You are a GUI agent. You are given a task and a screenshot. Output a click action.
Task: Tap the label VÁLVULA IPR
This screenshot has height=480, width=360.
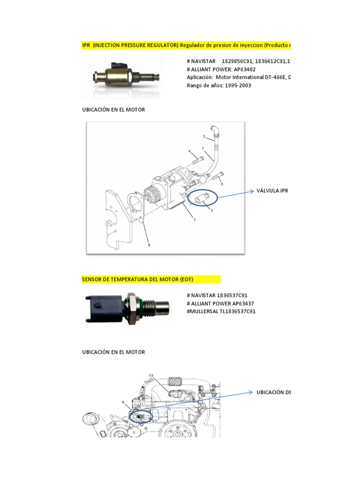click(x=272, y=191)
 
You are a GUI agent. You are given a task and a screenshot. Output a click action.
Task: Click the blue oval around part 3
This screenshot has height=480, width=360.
click(x=203, y=198)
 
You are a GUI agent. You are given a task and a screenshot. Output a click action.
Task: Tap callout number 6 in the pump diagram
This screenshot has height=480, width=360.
click(x=149, y=244)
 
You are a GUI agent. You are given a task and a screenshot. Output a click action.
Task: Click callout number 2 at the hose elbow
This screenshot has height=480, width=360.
click(x=204, y=137)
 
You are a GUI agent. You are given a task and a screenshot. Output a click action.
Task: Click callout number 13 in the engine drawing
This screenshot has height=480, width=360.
click(x=151, y=375)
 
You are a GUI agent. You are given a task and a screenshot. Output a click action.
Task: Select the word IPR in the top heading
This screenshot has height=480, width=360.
click(x=86, y=45)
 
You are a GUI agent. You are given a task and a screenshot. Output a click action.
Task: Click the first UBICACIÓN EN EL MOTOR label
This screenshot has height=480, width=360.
click(x=113, y=110)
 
